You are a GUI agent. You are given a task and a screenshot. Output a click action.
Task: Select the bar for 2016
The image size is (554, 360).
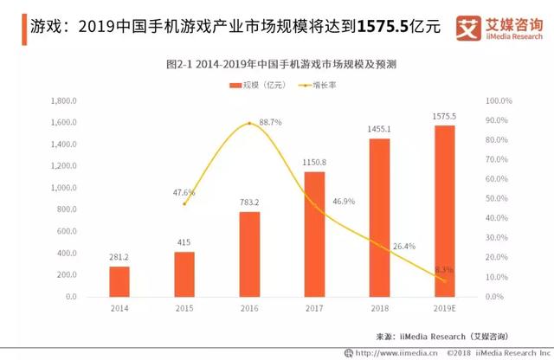click(249, 254)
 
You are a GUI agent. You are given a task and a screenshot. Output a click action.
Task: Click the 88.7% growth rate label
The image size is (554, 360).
click(269, 122)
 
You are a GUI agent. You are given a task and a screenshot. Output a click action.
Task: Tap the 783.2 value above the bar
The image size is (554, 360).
click(249, 202)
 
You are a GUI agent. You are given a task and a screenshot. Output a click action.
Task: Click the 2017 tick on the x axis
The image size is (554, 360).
click(314, 307)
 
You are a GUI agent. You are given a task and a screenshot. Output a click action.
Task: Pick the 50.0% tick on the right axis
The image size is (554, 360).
click(500, 198)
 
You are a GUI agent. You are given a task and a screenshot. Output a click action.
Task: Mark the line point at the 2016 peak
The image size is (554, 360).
click(249, 123)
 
